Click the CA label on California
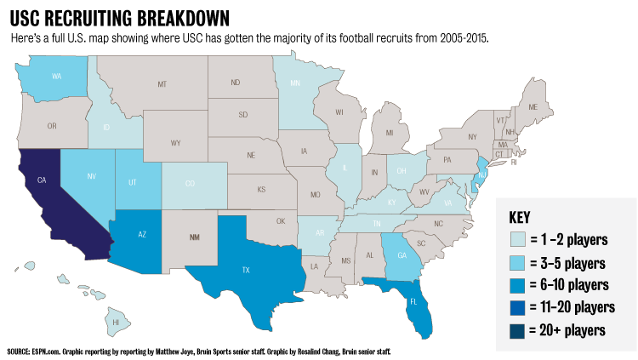click(x=41, y=180)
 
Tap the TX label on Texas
click(x=246, y=270)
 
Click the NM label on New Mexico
click(x=195, y=237)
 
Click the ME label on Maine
click(x=533, y=108)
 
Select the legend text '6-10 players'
click(x=580, y=284)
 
